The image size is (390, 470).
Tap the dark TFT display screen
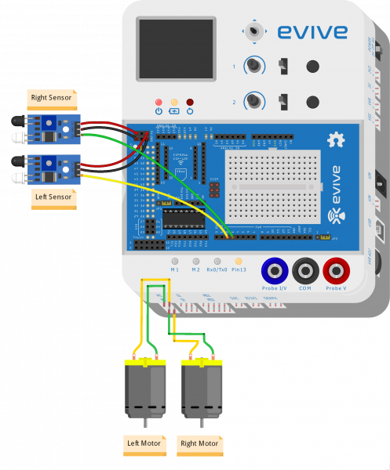tap(177, 48)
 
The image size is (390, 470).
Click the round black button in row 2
tap(313, 102)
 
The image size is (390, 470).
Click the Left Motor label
tap(144, 443)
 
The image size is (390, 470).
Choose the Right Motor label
tap(199, 443)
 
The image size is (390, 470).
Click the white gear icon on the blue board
tap(336, 140)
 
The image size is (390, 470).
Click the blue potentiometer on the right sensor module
tap(56, 123)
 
